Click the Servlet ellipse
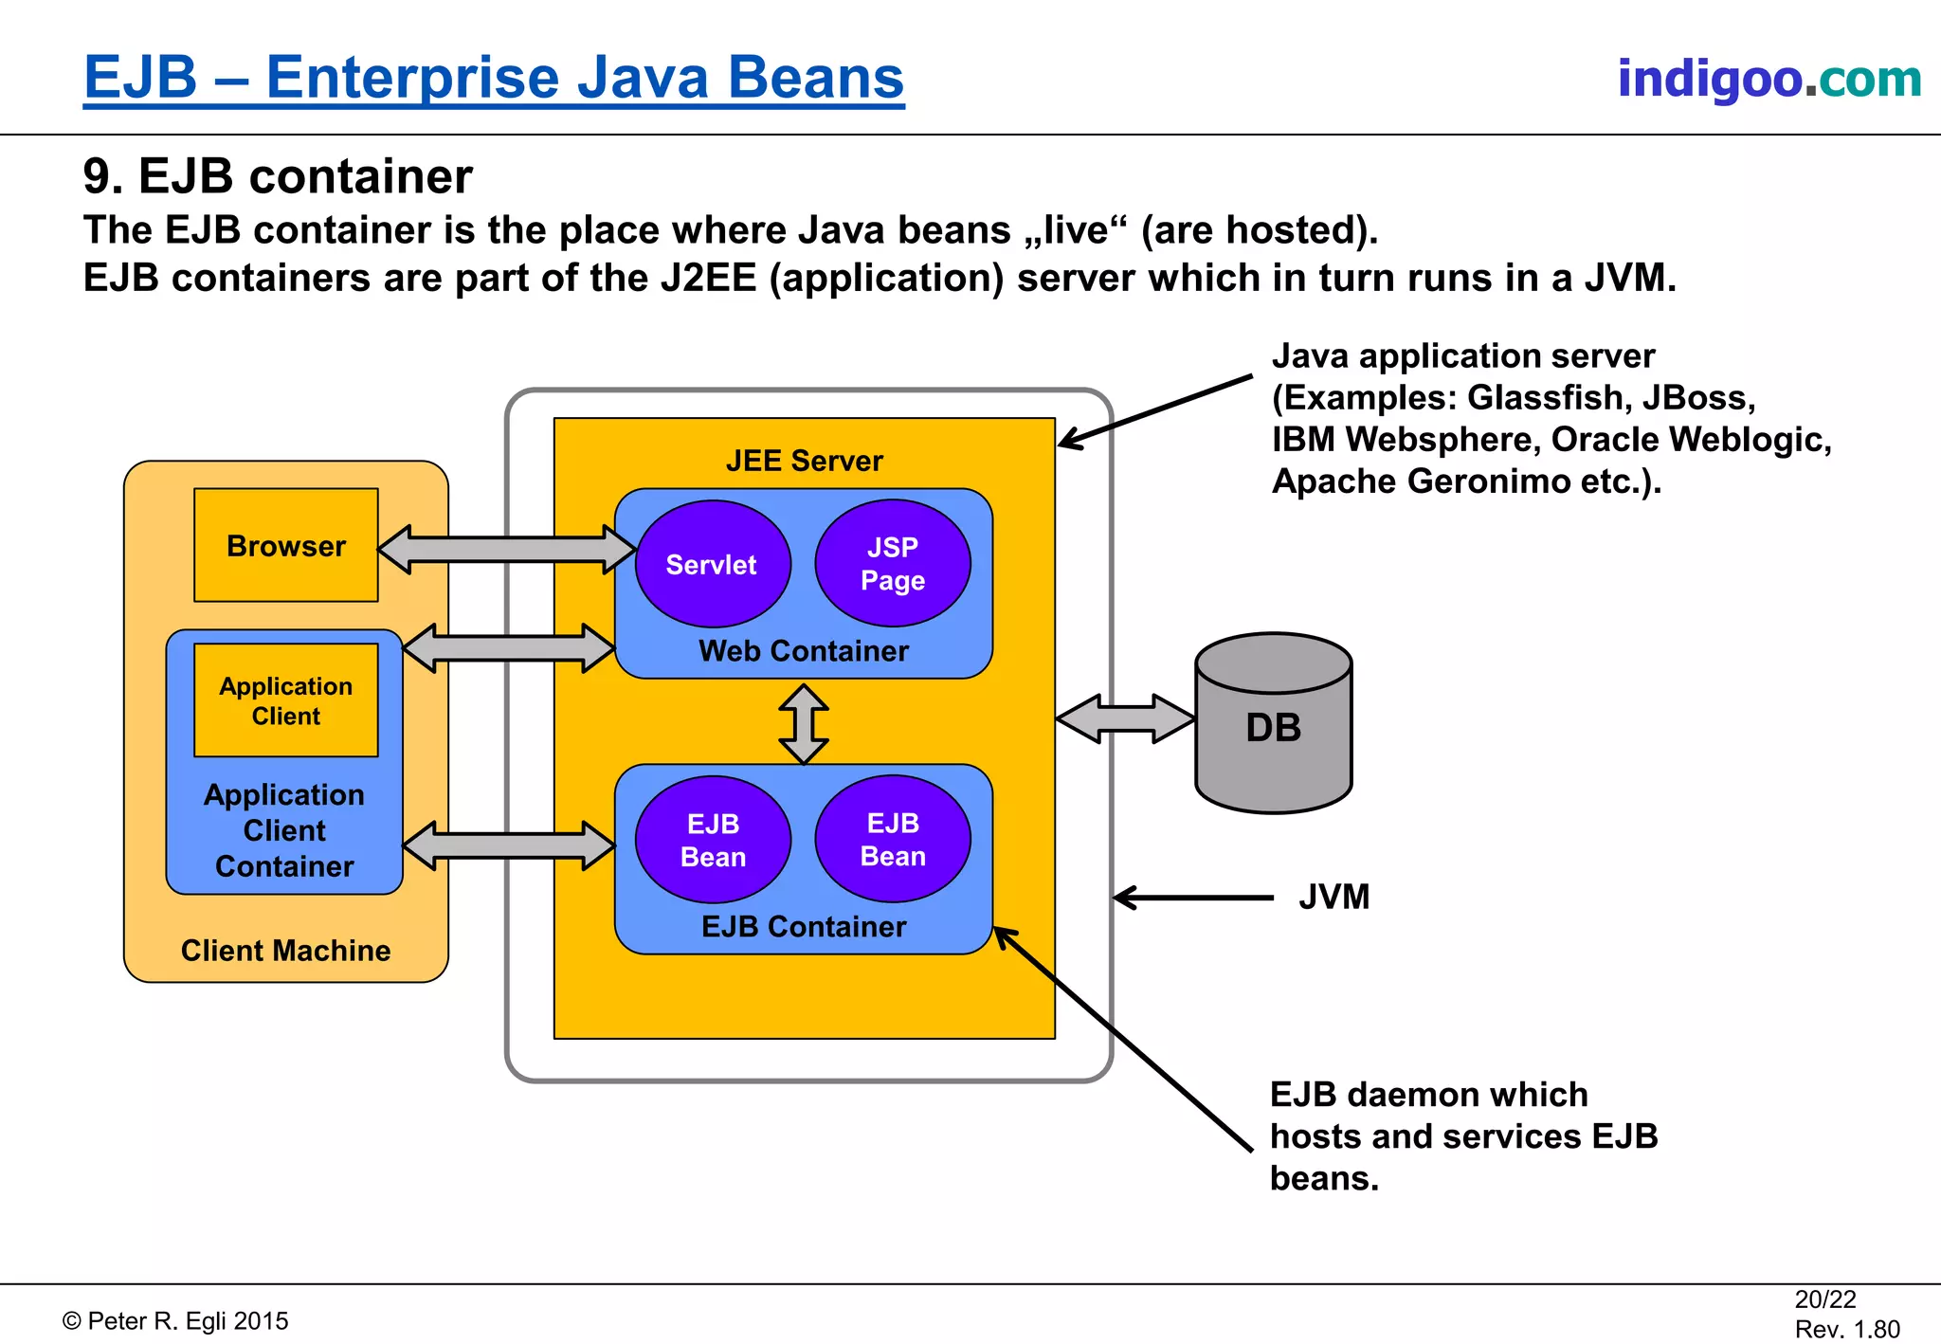point(712,564)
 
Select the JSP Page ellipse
point(892,563)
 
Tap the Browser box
point(285,545)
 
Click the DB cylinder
point(1273,726)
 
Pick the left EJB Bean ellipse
point(713,840)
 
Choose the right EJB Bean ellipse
point(892,839)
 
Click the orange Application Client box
point(285,700)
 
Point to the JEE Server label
point(804,461)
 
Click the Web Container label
point(803,651)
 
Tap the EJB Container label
point(803,926)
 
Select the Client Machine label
point(285,950)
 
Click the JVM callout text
point(1333,897)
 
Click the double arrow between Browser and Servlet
point(506,549)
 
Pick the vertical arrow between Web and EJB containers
point(804,724)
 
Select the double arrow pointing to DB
point(1125,718)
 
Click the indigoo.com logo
point(1769,78)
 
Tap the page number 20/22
point(1824,1299)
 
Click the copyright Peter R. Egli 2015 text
point(175,1320)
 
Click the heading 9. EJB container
point(278,176)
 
